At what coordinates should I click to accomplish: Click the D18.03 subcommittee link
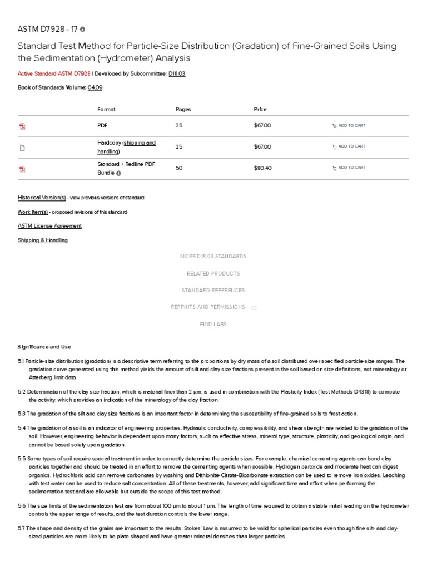click(177, 73)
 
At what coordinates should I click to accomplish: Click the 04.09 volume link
click(95, 87)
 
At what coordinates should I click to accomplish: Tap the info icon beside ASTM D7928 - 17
click(83, 29)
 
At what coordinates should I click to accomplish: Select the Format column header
click(106, 110)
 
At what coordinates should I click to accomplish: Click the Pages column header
click(183, 110)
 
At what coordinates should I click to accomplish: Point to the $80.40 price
click(262, 168)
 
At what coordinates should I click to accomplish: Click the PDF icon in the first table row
click(22, 126)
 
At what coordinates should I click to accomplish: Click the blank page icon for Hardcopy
click(22, 148)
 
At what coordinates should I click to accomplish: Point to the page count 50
click(179, 168)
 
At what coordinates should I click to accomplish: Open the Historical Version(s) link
click(42, 198)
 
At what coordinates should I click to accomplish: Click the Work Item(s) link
click(33, 212)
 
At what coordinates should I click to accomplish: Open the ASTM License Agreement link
click(49, 226)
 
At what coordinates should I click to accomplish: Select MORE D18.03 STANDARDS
click(213, 257)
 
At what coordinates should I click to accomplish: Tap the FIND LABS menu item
click(213, 325)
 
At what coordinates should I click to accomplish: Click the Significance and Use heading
click(44, 347)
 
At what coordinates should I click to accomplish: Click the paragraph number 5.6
click(22, 506)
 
